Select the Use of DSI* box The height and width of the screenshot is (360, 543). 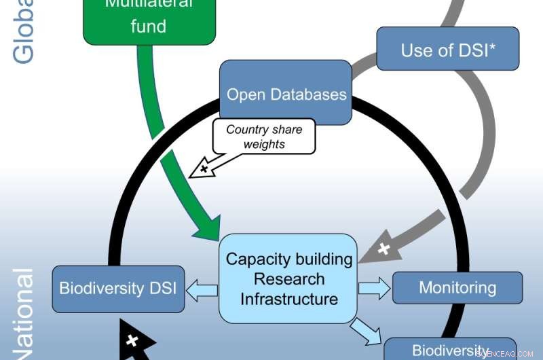pos(448,49)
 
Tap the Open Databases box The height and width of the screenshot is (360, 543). pos(286,93)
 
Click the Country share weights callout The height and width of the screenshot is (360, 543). pos(264,137)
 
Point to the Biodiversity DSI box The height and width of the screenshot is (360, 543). pos(118,289)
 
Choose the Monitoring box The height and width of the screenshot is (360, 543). pos(457,287)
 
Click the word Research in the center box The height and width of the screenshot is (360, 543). pos(288,279)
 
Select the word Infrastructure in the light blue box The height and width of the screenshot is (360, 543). pos(288,299)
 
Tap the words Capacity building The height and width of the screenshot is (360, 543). pos(288,259)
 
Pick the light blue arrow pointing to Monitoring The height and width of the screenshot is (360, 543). pos(375,288)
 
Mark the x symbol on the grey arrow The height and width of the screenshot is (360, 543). pos(384,249)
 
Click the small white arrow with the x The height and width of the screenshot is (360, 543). pos(203,168)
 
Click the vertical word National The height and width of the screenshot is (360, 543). pos(24,316)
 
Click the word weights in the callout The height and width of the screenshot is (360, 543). pos(264,145)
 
